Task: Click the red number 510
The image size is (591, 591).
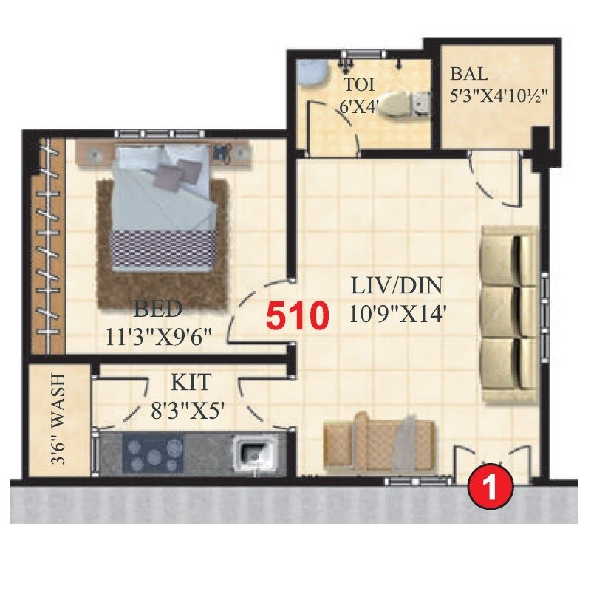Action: pyautogui.click(x=296, y=316)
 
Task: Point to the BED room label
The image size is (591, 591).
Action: pyautogui.click(x=157, y=307)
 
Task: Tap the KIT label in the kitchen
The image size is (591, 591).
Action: pyautogui.click(x=191, y=382)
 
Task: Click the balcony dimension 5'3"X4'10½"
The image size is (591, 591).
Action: pyautogui.click(x=499, y=97)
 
